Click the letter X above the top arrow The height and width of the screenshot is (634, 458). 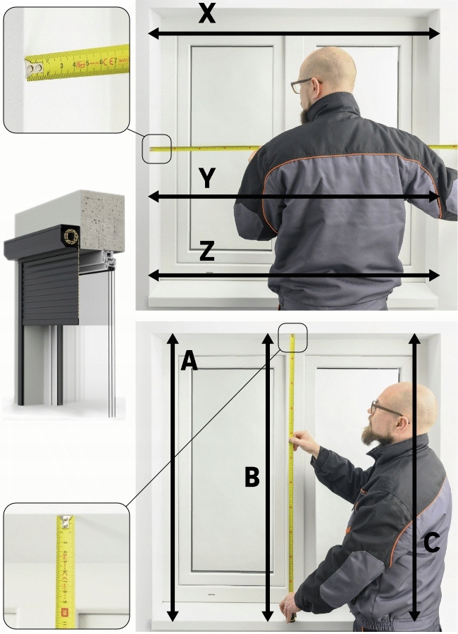[206, 14]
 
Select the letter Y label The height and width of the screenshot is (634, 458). [206, 178]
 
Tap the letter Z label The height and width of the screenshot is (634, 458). [206, 251]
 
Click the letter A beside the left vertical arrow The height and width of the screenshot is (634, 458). [189, 361]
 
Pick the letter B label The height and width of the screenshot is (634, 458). [252, 477]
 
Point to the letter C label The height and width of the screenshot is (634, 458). [432, 542]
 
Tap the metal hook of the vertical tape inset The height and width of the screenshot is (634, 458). [65, 521]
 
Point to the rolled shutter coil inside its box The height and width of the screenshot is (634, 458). [70, 236]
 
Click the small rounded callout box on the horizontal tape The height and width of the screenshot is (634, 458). [157, 149]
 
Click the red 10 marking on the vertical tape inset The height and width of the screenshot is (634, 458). [64, 612]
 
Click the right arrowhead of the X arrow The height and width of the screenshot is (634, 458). [434, 34]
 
